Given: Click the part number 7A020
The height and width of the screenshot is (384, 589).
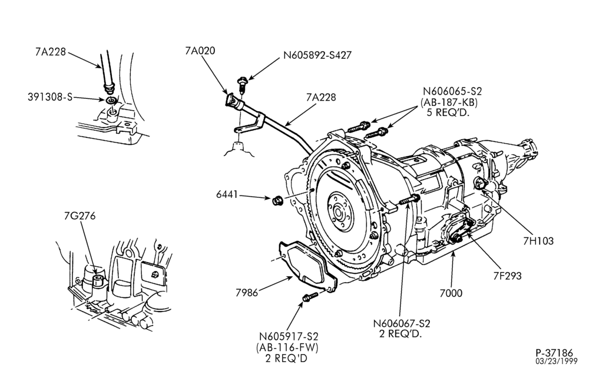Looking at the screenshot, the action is (200, 51).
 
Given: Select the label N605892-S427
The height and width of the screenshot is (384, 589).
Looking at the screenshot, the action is (317, 55).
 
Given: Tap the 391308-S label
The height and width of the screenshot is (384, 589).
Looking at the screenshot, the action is (50, 97).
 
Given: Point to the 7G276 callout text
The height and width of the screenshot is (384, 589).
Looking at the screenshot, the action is (80, 216).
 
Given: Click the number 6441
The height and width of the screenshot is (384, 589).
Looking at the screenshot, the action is (227, 194).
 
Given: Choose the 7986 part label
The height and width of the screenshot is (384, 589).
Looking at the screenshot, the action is (247, 293).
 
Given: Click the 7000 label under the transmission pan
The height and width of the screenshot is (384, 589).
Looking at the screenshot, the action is (451, 293).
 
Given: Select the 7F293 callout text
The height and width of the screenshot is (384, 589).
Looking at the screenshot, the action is (508, 276).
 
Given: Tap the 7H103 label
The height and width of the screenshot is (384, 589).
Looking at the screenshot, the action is (538, 241).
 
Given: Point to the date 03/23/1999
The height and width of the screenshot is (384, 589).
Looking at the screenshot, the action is (557, 362).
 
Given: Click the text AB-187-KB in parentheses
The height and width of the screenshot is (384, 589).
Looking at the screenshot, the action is (449, 102).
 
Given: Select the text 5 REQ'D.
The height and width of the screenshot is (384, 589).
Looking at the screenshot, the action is (448, 112).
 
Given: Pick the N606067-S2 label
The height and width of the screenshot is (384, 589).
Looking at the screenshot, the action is (402, 323).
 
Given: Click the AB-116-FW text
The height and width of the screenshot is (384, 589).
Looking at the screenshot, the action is (287, 347).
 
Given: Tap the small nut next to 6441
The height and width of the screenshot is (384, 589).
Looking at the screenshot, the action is (277, 201).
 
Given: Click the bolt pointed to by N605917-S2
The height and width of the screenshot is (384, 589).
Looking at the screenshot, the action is (310, 297).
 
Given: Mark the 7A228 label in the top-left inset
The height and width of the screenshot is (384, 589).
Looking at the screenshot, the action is (51, 52).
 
